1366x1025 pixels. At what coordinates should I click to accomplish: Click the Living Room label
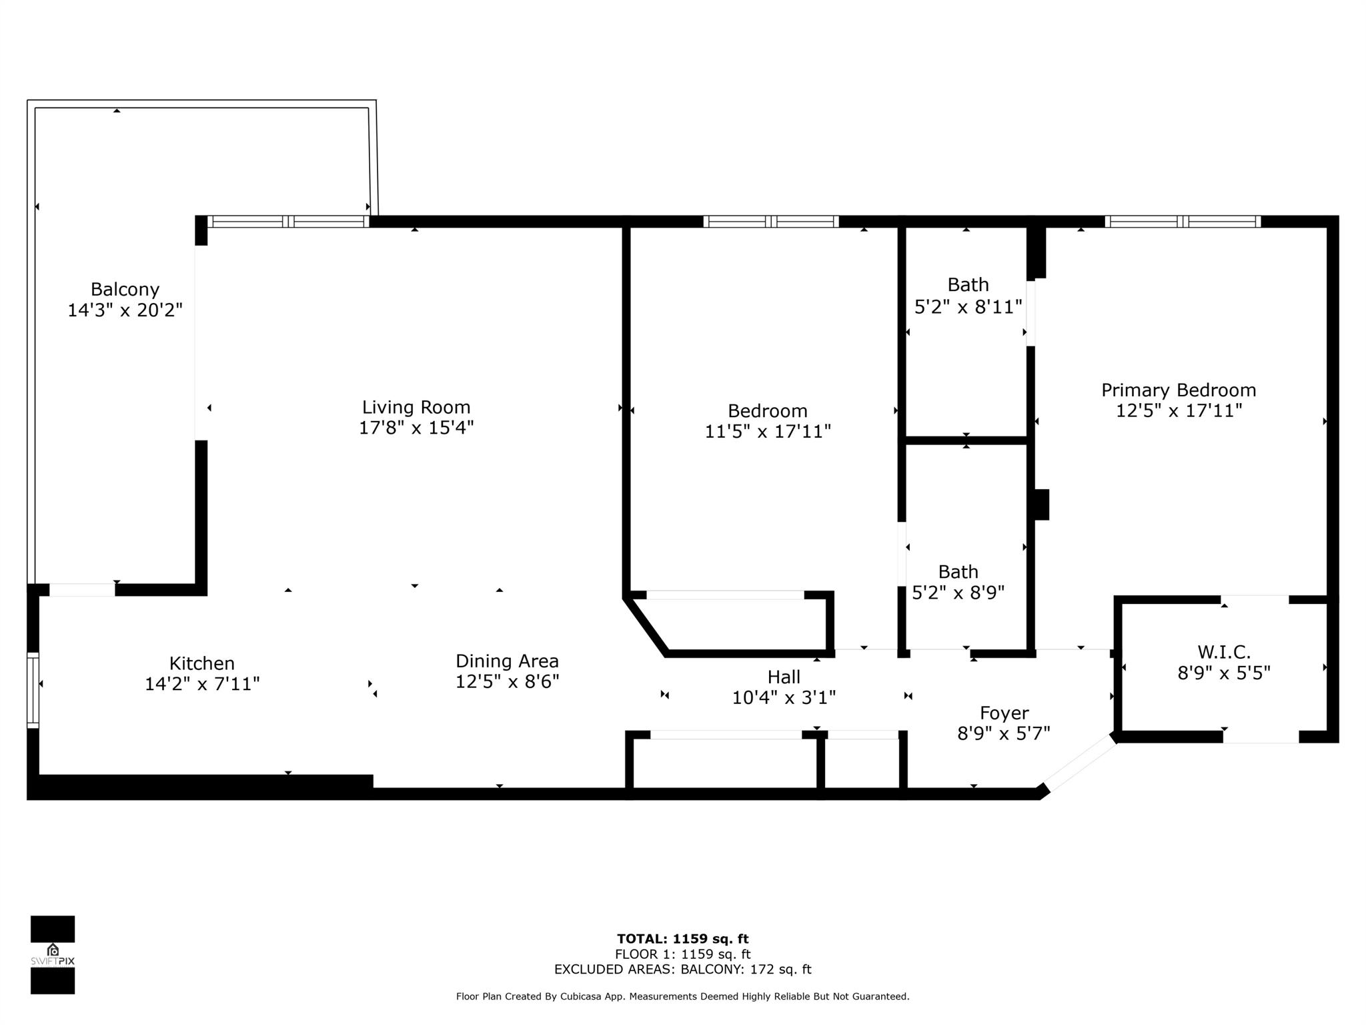click(x=416, y=407)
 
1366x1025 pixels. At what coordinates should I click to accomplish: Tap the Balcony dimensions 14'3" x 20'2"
click(x=125, y=310)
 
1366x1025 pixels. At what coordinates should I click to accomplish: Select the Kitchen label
click(x=201, y=663)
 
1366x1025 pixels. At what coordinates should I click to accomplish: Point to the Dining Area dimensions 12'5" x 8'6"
click(x=507, y=681)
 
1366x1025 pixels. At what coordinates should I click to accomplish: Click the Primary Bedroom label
click(x=1179, y=390)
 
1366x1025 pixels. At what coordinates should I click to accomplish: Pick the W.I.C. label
click(x=1224, y=652)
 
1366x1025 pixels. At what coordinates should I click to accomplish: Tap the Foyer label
click(x=1004, y=713)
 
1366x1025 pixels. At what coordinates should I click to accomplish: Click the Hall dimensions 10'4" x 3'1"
click(x=784, y=698)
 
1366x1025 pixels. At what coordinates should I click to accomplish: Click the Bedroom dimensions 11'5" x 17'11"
click(x=768, y=432)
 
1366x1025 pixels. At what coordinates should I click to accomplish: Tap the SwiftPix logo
click(x=53, y=955)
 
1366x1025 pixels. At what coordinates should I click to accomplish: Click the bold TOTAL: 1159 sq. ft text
click(x=682, y=939)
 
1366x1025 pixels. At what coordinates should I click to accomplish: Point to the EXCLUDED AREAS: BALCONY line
click(x=682, y=970)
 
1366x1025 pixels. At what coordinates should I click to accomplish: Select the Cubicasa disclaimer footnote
click(x=682, y=996)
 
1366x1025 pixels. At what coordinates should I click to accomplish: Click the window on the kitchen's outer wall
click(x=33, y=689)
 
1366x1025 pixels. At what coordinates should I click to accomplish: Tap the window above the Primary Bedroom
click(x=1182, y=222)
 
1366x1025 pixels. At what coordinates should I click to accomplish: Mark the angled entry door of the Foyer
click(x=1079, y=762)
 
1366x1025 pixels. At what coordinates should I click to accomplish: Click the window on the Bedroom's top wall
click(x=771, y=222)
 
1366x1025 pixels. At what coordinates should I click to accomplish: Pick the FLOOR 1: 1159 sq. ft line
click(x=682, y=954)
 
